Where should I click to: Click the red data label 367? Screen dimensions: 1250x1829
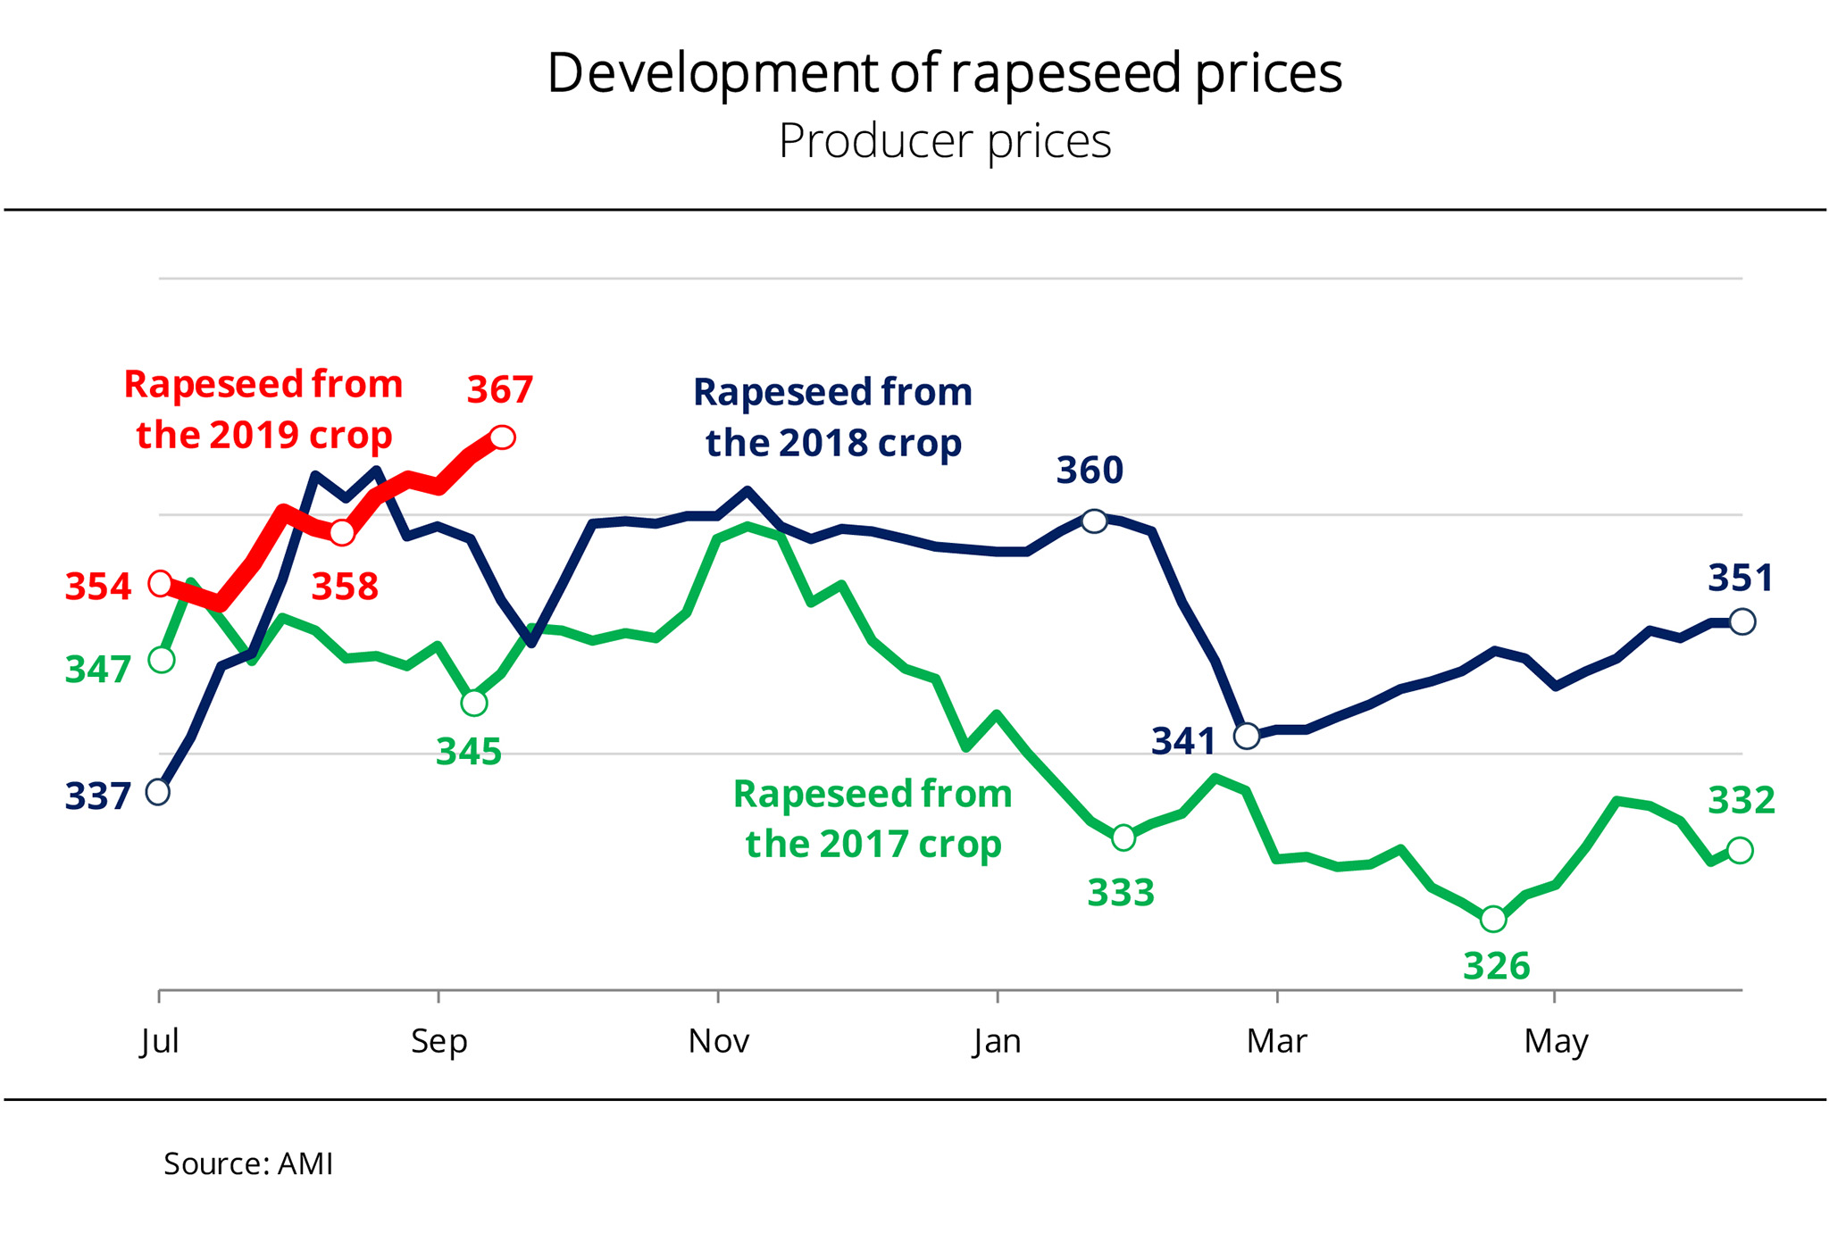(x=500, y=390)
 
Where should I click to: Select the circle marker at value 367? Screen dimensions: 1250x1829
(x=503, y=437)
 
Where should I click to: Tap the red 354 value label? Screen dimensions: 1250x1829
(x=98, y=587)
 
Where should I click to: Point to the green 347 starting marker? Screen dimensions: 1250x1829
(x=162, y=660)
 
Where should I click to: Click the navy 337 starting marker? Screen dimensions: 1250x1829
(x=158, y=792)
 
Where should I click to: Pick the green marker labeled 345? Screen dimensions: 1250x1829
(x=474, y=704)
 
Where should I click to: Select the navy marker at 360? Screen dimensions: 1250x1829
(x=1094, y=521)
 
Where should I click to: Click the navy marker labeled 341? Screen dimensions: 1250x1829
(x=1247, y=736)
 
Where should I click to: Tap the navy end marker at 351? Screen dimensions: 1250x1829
(x=1742, y=621)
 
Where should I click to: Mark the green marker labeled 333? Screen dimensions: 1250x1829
(x=1123, y=837)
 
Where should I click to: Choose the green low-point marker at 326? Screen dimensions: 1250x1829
(x=1493, y=919)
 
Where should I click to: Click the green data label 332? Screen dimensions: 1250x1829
(x=1741, y=800)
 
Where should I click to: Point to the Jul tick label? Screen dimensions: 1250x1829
(x=160, y=1041)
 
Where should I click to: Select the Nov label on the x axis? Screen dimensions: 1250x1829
(x=719, y=1041)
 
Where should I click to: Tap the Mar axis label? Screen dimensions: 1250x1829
(x=1277, y=1041)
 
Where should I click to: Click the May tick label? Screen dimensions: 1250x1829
(x=1556, y=1041)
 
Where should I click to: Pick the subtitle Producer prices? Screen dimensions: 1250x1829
(x=945, y=141)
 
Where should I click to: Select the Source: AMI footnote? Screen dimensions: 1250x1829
(x=248, y=1163)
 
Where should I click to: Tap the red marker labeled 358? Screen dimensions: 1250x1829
(x=342, y=533)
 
